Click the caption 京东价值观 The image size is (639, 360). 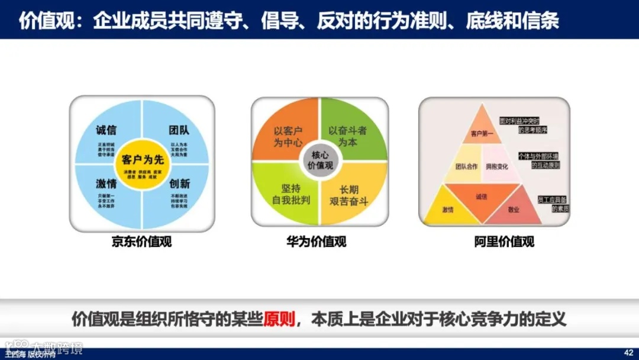141,242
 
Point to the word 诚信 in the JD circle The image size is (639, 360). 106,130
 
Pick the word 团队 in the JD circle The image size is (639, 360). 179,130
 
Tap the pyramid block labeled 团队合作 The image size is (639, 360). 466,166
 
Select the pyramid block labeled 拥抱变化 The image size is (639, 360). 497,166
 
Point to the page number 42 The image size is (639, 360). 628,351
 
